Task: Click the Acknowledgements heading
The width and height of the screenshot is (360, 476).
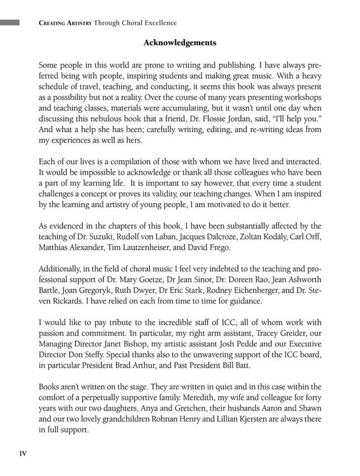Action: (x=180, y=42)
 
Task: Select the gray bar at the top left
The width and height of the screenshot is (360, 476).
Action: (x=10, y=23)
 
